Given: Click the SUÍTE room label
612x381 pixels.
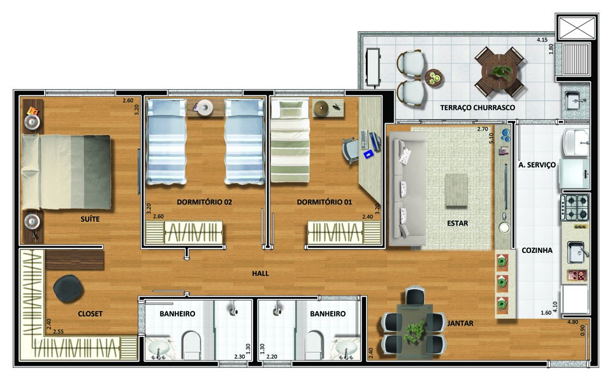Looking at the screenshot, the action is coord(90,219).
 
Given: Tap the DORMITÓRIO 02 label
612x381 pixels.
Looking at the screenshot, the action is coord(204,202).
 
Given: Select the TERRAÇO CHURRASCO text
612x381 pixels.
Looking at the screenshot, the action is coord(477,108).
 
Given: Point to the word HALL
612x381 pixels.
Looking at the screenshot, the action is coord(260,273).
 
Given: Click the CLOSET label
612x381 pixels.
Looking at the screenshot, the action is coord(90,313).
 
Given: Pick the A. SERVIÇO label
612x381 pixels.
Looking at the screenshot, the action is coord(537,165).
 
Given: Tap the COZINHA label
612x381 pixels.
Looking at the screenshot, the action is coord(537,250).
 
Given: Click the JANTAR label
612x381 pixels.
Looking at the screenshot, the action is coord(460,323).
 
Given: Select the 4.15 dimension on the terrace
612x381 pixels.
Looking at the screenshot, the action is coord(542,40).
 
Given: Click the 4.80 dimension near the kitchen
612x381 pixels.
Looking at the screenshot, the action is coord(572,322).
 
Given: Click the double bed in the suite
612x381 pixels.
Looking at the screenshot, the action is coord(66,172).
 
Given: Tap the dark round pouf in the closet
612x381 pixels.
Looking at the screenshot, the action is coord(68,289).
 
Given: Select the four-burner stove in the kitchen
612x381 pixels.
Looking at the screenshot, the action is coord(574,208).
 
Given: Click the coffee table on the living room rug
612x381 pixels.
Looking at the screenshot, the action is coord(456,190).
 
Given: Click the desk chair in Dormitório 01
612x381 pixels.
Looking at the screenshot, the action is coord(351,150).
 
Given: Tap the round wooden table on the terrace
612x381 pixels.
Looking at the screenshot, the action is coord(499,73).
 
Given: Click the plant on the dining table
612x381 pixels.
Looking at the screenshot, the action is coord(414,331).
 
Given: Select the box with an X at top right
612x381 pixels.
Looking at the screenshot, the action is coord(577,27).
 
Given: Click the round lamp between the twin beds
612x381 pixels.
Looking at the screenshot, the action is coord(205,107).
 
